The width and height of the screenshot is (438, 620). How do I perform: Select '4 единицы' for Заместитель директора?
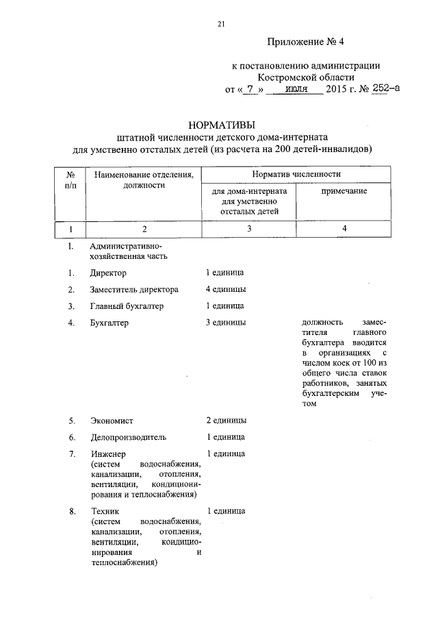click(226, 289)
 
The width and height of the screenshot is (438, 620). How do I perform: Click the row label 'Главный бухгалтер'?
click(127, 306)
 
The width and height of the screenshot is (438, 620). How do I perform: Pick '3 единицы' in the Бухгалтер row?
click(226, 322)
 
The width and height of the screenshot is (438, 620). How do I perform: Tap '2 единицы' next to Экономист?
click(226, 421)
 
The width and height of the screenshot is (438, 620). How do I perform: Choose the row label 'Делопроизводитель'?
click(128, 437)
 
